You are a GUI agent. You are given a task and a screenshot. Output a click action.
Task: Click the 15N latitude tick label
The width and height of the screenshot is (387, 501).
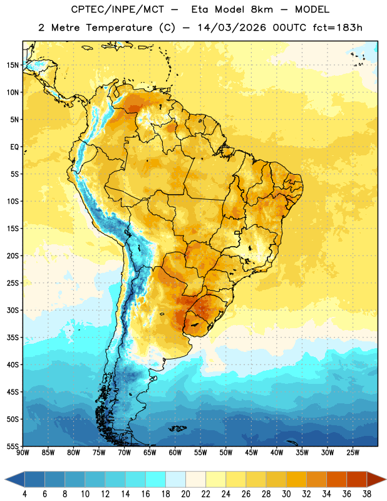(x=12, y=65)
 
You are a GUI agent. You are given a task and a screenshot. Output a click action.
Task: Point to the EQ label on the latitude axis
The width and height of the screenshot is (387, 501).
(x=14, y=147)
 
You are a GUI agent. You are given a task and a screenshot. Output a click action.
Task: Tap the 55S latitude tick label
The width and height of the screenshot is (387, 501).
(x=12, y=446)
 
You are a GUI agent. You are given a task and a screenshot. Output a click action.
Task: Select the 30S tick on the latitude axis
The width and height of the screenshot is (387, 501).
(x=12, y=310)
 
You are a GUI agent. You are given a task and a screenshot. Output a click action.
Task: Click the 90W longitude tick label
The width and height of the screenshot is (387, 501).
(x=23, y=453)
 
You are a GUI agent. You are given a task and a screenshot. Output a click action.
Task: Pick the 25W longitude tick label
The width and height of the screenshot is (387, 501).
(x=353, y=453)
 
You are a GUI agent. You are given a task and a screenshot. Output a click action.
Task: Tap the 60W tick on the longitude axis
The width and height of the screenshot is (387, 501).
(x=175, y=453)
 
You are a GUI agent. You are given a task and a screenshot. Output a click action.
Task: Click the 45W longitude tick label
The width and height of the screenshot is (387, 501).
(x=251, y=453)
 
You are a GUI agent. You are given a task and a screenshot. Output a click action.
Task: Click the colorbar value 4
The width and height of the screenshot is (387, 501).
(x=24, y=494)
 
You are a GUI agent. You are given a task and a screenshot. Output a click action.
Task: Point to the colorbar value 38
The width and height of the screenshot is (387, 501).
(x=367, y=494)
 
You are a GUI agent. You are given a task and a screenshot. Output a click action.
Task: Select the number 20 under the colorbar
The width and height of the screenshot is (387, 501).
(x=185, y=494)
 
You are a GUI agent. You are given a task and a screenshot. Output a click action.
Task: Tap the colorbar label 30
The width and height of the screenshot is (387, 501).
(x=286, y=494)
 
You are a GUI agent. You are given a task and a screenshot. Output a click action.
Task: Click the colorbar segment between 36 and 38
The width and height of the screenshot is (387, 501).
(x=357, y=480)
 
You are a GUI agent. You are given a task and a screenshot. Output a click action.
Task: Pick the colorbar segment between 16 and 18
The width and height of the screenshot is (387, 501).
(x=155, y=480)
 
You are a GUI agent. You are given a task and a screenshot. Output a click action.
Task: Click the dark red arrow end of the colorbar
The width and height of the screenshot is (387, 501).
(x=376, y=480)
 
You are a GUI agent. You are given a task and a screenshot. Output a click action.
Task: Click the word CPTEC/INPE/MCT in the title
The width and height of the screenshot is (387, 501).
(x=118, y=9)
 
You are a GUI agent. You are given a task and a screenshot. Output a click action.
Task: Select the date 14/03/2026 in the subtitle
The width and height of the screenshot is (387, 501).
(x=232, y=28)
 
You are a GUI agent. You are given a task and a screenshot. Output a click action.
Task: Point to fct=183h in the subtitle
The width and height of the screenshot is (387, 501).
(x=338, y=28)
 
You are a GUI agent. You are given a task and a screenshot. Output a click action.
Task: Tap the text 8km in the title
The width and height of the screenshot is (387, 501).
(x=262, y=9)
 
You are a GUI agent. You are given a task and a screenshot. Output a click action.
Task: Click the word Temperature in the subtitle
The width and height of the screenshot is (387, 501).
(x=119, y=28)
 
